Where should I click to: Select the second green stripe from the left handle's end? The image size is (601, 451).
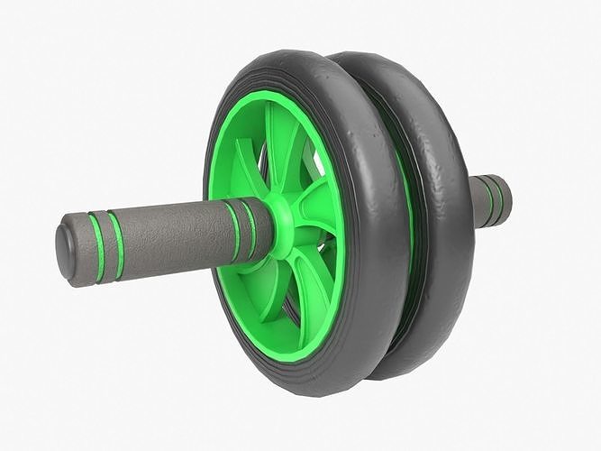click(x=116, y=241)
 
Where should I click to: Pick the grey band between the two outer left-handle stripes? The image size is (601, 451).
click(x=105, y=244)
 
